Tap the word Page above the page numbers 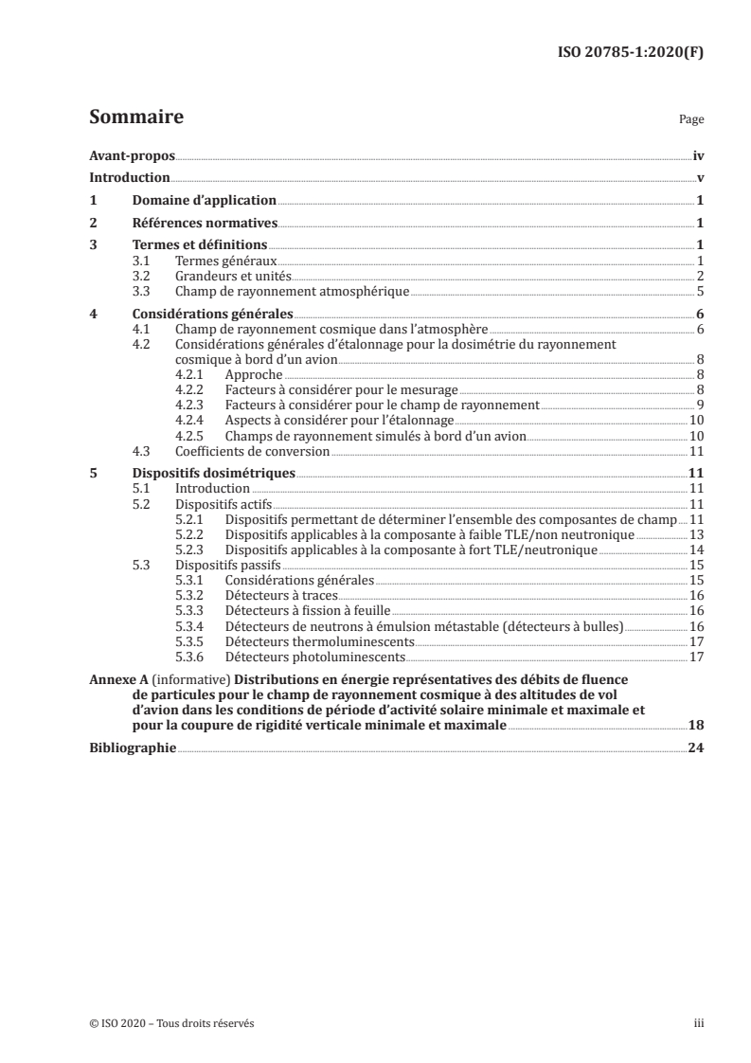[691, 121]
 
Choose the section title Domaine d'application [204, 200]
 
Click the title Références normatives [205, 223]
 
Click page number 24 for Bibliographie [695, 747]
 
